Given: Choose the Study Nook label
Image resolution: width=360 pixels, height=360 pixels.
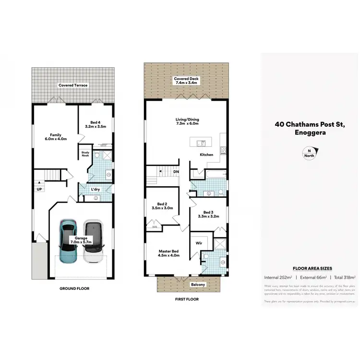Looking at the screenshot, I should coord(85,154).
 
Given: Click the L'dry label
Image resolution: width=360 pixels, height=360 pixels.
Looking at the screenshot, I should coord(96,190).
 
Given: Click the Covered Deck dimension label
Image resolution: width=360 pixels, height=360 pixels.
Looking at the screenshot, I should coord(186,81).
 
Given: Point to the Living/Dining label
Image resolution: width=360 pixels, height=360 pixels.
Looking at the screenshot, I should coord(186,122).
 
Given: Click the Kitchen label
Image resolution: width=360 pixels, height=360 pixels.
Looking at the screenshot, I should coord(206,155).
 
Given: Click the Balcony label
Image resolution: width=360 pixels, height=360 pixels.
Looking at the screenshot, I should coord(197,284).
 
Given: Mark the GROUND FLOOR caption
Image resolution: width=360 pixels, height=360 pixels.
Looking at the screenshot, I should coord(74,288).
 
